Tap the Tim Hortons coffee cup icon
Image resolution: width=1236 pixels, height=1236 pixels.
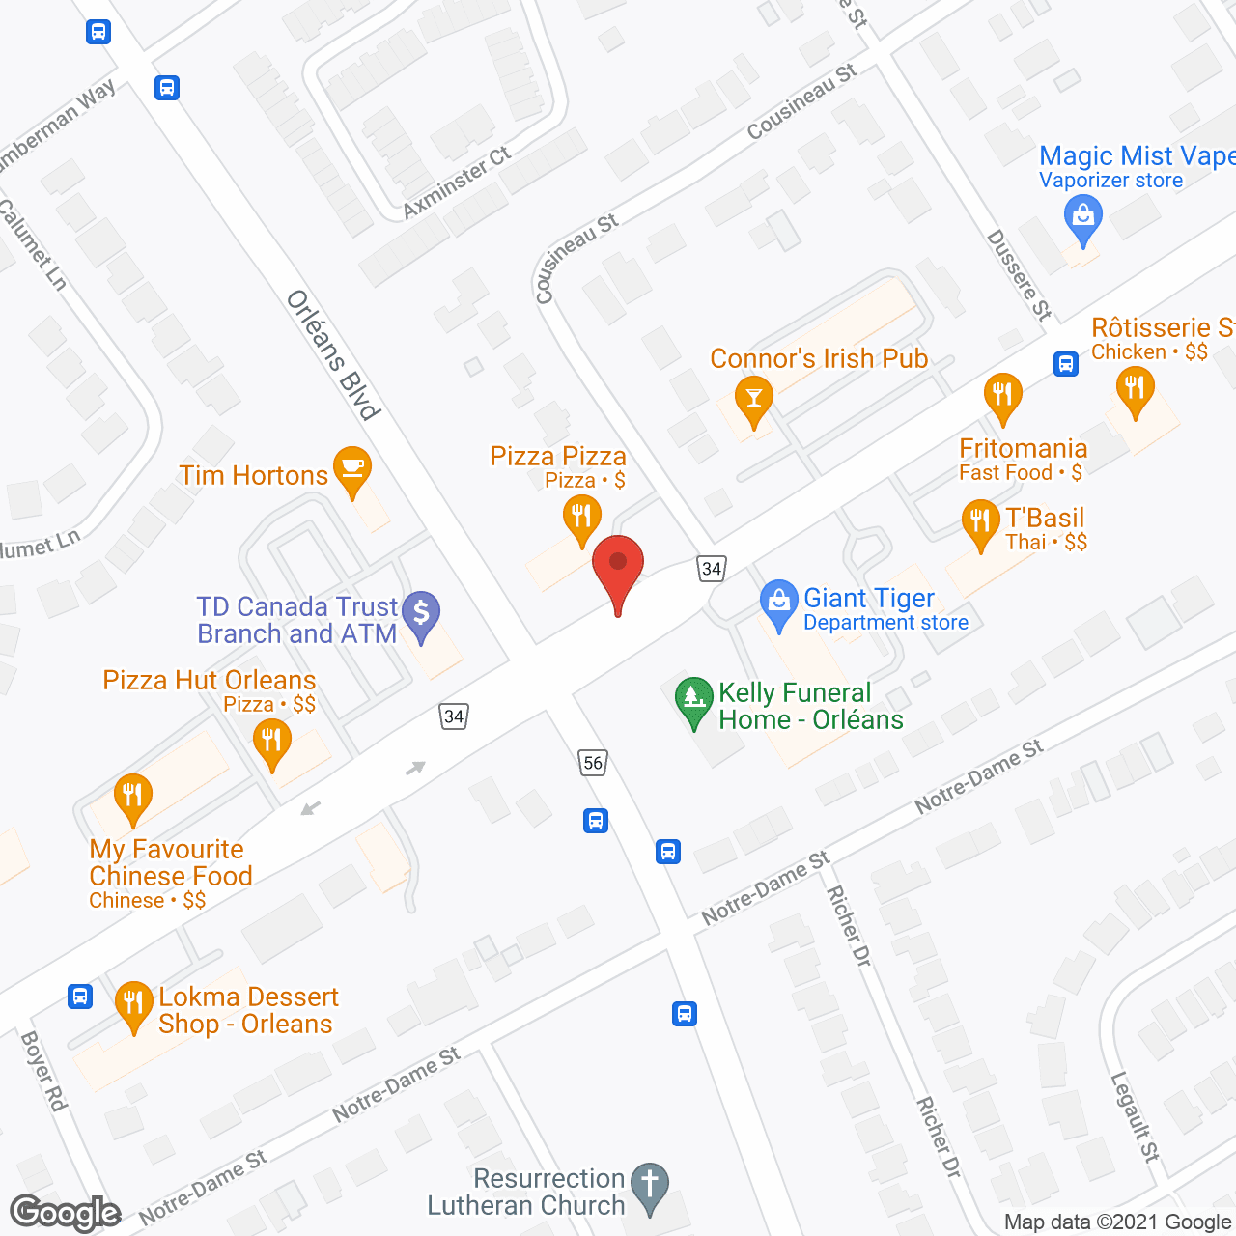[352, 468]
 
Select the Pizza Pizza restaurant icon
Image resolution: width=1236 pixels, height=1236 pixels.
[581, 517]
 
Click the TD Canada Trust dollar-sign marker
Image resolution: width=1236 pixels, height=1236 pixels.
[421, 613]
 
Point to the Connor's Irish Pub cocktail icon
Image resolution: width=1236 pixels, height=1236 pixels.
[753, 398]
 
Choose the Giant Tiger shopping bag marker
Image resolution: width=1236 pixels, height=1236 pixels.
[778, 602]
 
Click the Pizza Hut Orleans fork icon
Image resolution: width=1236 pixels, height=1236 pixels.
[271, 741]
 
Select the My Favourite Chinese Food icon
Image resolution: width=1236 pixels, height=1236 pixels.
[132, 796]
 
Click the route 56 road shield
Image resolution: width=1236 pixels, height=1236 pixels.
[593, 763]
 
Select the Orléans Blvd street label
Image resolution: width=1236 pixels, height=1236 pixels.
[333, 355]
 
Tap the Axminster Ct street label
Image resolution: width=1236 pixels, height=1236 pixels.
[457, 182]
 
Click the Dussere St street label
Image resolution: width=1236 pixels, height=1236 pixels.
[1019, 275]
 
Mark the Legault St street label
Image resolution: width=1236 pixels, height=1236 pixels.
[1134, 1116]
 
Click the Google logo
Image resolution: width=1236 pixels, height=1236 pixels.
[66, 1213]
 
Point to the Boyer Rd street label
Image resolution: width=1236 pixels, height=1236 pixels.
[43, 1070]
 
